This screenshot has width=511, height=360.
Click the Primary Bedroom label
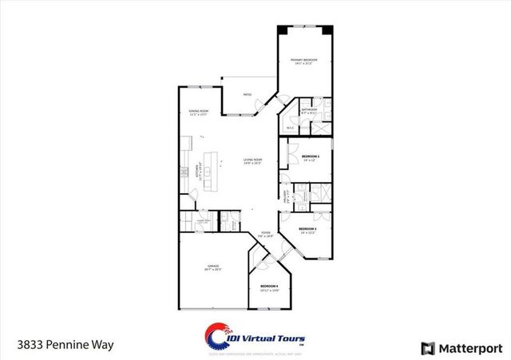(303, 61)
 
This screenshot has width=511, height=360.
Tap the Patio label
(248, 95)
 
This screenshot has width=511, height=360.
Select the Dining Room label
(199, 112)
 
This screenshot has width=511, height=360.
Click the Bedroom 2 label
(311, 156)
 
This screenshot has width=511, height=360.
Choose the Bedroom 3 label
(308, 230)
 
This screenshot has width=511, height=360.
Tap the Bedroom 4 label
(269, 287)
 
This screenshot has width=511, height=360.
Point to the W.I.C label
(291, 126)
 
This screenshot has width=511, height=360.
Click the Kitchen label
(197, 171)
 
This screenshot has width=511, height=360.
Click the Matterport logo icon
(428, 348)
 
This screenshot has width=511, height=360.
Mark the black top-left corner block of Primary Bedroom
(282, 30)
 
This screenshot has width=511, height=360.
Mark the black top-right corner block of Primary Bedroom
(327, 30)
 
